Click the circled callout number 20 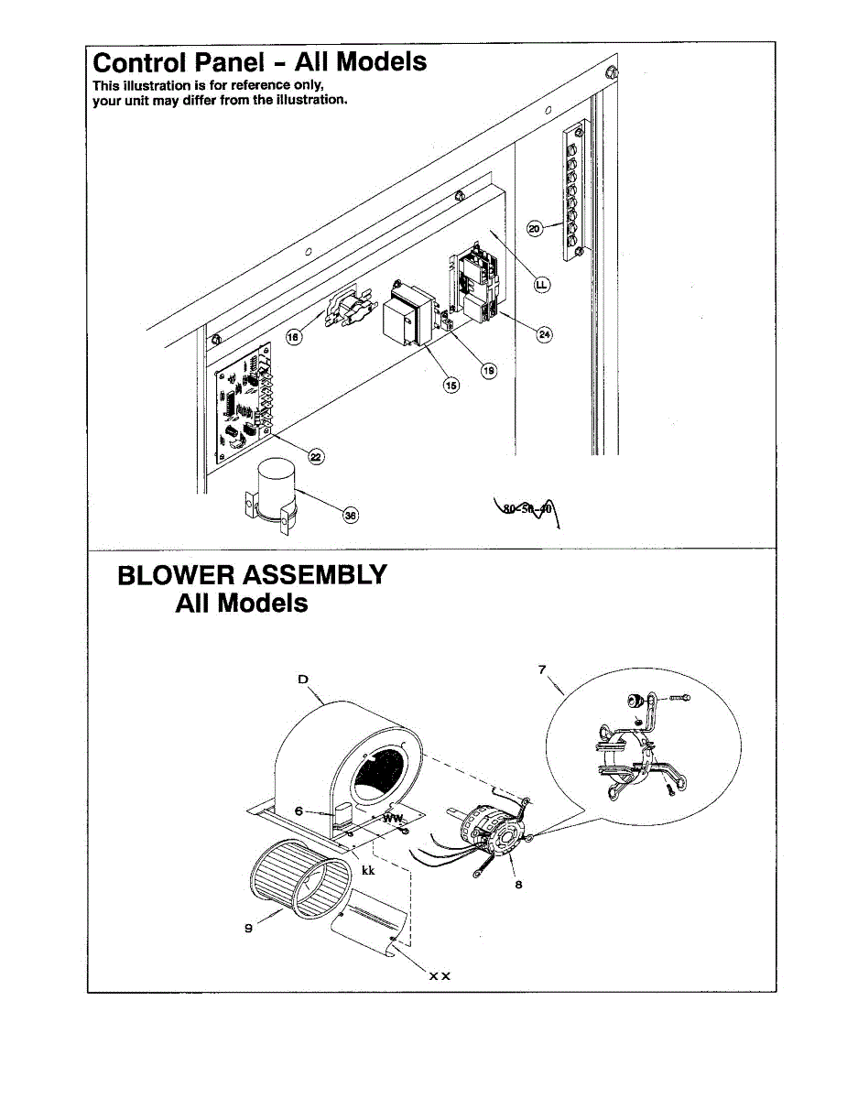pos(536,229)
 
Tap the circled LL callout pos(541,286)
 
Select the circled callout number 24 pos(544,334)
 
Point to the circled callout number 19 pos(489,370)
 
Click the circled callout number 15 pos(451,386)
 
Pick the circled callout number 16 pos(295,338)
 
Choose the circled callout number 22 pos(317,457)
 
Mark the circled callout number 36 pos(349,516)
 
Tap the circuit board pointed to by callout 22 pos(244,402)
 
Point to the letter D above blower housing pos(303,680)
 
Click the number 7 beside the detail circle pos(542,670)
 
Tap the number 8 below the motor pos(518,886)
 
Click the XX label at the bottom pos(440,976)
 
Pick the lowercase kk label pos(368,870)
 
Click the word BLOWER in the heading pos(176,576)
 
